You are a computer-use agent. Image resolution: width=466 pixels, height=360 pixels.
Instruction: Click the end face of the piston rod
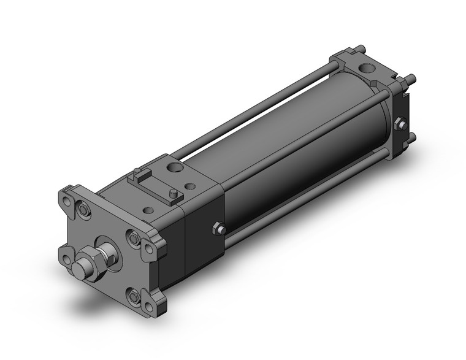coord(80,269)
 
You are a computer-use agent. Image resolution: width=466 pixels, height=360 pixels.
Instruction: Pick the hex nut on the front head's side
coord(219,229)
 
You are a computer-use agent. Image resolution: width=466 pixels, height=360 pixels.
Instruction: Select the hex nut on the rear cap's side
coord(400,124)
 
